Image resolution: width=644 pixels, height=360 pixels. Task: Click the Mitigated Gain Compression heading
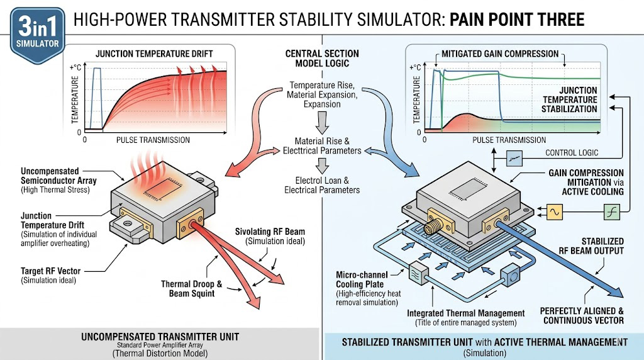pyautogui.click(x=500, y=53)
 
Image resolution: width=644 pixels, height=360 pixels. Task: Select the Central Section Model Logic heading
pyautogui.click(x=322, y=59)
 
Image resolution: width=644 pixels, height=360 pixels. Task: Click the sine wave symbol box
pyautogui.click(x=555, y=213)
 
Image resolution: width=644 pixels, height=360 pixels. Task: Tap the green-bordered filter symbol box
pyautogui.click(x=612, y=213)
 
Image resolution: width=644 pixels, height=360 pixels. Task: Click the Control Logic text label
pyautogui.click(x=572, y=153)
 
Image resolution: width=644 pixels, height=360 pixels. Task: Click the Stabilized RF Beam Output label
pyautogui.click(x=593, y=246)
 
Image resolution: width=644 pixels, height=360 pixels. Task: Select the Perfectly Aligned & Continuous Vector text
pyautogui.click(x=582, y=315)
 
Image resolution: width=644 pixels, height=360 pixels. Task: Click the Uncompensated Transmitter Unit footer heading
pyautogui.click(x=158, y=337)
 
